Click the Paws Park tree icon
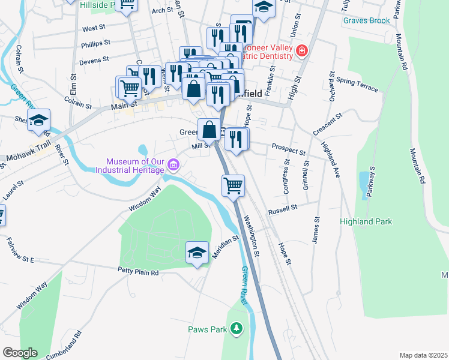click(x=237, y=329)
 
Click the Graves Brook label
click(x=366, y=20)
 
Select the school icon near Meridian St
click(x=197, y=253)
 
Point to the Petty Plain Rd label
click(x=137, y=272)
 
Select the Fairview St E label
click(x=20, y=250)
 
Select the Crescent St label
click(x=327, y=124)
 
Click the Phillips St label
click(x=96, y=43)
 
